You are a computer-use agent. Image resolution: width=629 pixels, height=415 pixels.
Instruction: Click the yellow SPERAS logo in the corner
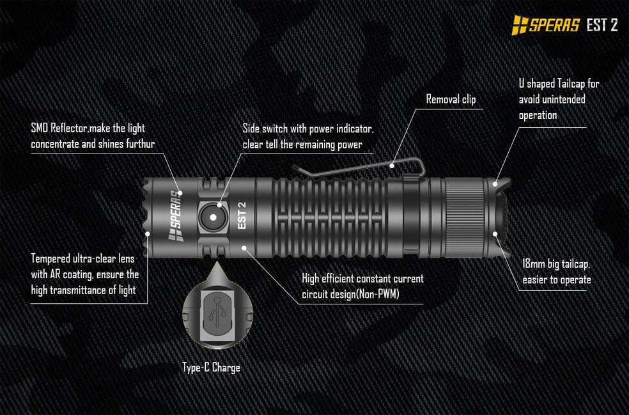(545, 25)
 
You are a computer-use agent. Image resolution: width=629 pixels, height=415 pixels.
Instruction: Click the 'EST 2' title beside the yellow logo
(602, 25)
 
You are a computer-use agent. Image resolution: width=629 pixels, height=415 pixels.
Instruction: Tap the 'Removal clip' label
(451, 99)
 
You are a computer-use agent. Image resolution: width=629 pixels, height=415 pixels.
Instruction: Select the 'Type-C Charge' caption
(212, 367)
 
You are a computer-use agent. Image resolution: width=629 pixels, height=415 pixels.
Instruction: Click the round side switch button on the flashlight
(213, 217)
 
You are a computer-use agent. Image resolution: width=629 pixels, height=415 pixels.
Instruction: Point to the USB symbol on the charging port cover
(217, 313)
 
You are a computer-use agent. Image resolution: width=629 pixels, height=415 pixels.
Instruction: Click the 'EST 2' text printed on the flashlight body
(242, 215)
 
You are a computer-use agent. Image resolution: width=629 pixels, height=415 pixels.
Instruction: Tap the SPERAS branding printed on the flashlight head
(176, 215)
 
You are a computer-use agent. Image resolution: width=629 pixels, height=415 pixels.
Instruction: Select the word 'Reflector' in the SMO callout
(69, 129)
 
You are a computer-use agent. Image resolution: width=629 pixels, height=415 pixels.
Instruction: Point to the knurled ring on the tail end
(465, 217)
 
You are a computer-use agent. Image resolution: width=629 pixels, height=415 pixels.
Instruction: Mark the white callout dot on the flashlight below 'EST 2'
(244, 248)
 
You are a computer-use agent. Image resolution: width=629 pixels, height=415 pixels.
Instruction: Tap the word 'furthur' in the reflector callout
(141, 144)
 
